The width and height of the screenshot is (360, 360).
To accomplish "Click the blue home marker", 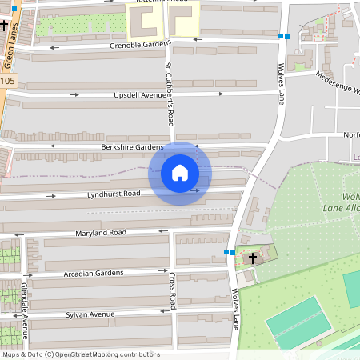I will pos(180,173).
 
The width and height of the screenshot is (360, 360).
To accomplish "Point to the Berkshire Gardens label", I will pos(132,147).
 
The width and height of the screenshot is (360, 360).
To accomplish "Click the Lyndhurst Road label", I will pos(114,194).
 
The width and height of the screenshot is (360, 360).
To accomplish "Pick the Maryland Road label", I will pos(101,233).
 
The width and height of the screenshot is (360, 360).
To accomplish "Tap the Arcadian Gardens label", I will pos(93,274).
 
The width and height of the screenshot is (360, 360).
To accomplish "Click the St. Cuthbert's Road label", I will pos(170,94).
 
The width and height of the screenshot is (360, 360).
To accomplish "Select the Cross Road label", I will pos(172,290).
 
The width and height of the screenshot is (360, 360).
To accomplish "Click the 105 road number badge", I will pos(7,81).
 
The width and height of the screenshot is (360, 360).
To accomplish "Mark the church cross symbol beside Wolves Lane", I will pos(253,258).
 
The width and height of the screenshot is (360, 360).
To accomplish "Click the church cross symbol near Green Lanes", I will pos(5,25).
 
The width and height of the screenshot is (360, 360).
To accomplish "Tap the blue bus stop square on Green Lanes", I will pos(14,8).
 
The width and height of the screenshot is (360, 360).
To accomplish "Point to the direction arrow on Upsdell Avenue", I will pos(74,94).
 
